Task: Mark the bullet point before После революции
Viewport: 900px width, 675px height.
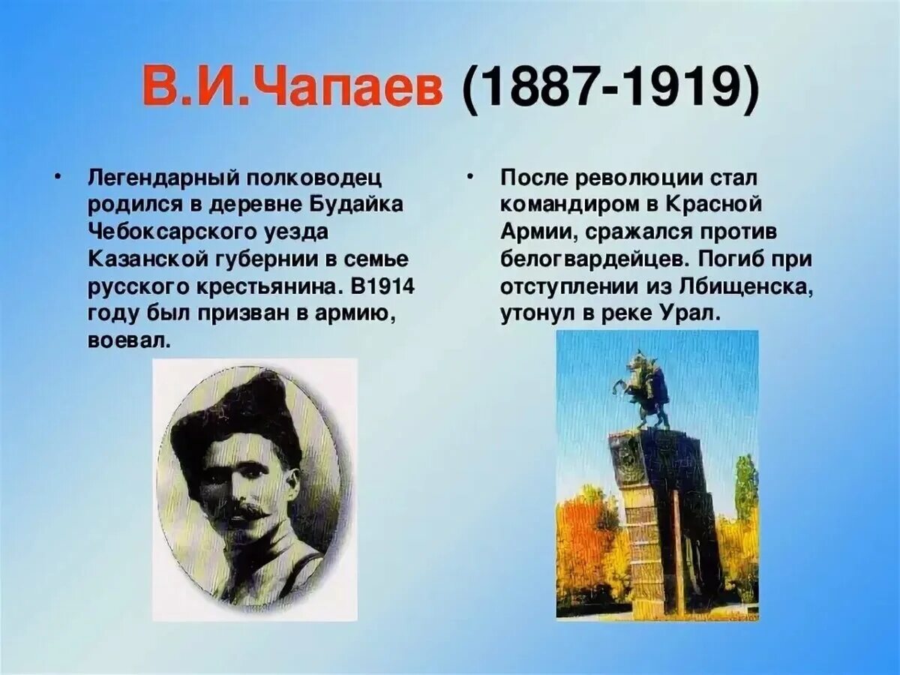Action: (469, 177)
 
